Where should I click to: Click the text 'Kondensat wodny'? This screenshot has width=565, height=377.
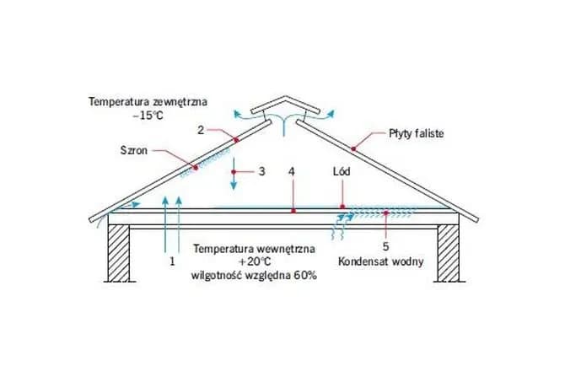point(380,261)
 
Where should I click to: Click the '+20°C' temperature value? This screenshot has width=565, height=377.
point(253,261)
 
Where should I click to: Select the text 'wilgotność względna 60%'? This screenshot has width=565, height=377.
point(254,275)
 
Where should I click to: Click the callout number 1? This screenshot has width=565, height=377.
point(172,261)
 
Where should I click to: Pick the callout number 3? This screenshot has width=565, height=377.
point(261,170)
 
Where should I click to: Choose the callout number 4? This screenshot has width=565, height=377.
point(291,171)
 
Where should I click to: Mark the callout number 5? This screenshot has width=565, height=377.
point(385,247)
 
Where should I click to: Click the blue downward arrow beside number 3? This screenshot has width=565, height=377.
point(234,175)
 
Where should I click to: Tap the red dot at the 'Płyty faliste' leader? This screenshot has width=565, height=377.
point(354,148)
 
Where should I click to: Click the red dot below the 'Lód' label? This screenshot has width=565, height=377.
point(342,206)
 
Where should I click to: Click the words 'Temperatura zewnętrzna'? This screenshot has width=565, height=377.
point(147,101)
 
